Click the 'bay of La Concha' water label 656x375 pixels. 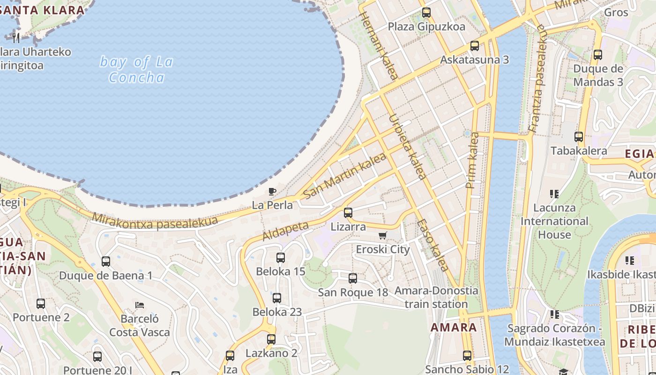click(x=136, y=69)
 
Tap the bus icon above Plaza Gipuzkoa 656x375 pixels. click(x=426, y=13)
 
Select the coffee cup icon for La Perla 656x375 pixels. click(x=272, y=191)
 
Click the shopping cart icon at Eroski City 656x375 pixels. click(x=383, y=236)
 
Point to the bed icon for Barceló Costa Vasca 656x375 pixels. click(x=139, y=305)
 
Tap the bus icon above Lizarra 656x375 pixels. click(x=348, y=213)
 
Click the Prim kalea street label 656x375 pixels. click(x=473, y=160)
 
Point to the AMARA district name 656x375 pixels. click(x=453, y=327)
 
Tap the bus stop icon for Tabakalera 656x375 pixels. click(x=579, y=137)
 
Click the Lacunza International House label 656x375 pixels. click(x=554, y=221)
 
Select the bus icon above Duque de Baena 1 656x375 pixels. click(x=106, y=262)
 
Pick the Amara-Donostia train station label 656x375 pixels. click(x=436, y=297)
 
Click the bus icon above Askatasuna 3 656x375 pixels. click(x=474, y=46)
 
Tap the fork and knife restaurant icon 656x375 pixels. click(x=16, y=37)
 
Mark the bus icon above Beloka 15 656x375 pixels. click(x=280, y=258)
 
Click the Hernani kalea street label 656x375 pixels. click(x=379, y=45)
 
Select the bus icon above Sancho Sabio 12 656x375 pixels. click(x=467, y=356)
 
